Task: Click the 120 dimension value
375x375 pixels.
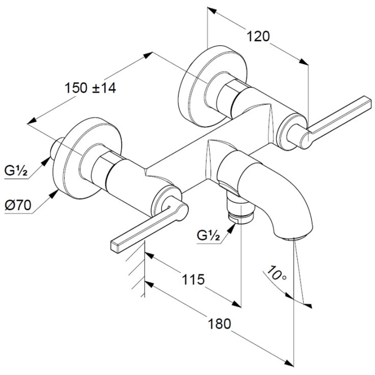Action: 258,36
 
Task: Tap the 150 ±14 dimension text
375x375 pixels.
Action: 90,88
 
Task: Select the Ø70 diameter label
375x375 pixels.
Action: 18,205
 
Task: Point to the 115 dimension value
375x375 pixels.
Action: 194,279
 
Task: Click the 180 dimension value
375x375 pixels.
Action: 220,324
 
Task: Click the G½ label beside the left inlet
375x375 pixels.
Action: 16,171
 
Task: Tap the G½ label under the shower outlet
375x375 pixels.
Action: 208,236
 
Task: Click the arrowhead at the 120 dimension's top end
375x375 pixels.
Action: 212,11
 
